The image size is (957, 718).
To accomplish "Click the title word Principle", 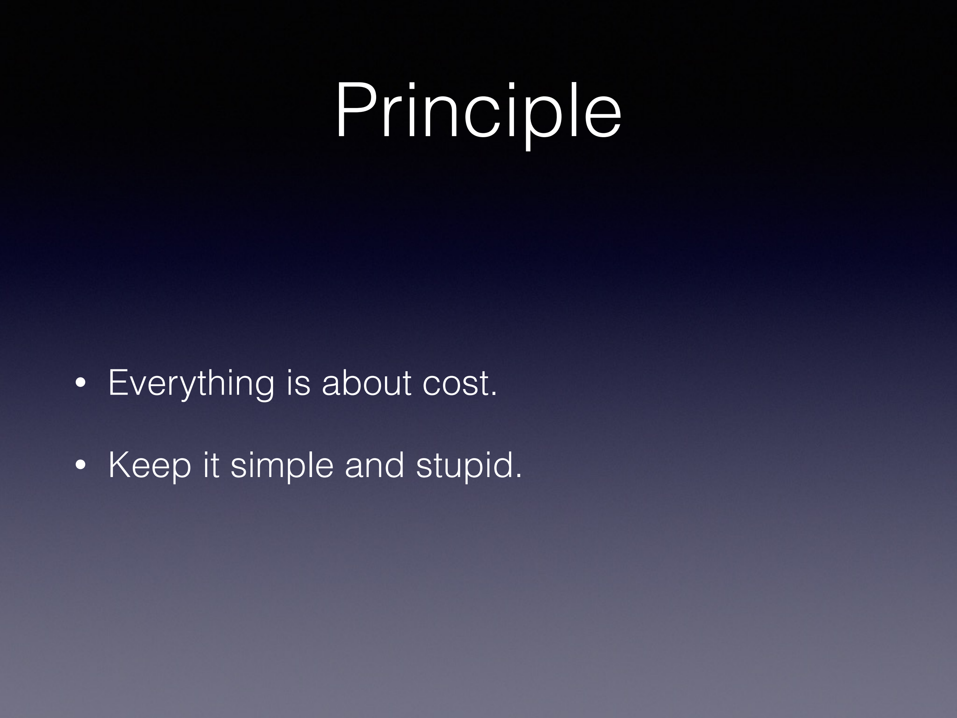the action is (x=478, y=115).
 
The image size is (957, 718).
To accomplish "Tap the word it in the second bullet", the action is (x=211, y=465).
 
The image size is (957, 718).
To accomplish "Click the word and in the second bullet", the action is (x=374, y=464).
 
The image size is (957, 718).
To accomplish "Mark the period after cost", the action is (x=494, y=394).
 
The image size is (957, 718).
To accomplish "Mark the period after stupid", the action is (x=519, y=476).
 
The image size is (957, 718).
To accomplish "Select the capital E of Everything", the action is (x=118, y=382).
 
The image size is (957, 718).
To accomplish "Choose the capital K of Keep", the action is (x=120, y=464).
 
